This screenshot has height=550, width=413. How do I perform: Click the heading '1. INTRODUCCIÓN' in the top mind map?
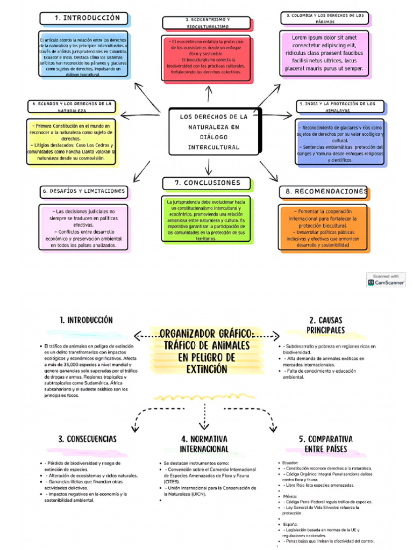(x=84, y=18)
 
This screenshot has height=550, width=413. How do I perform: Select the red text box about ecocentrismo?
(x=206, y=59)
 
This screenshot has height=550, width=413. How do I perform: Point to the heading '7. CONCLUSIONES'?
(x=206, y=183)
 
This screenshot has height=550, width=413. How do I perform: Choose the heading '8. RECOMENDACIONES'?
(x=324, y=191)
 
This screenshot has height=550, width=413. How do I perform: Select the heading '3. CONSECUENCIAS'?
(x=87, y=439)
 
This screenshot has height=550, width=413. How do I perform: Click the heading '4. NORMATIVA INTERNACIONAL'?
(x=204, y=444)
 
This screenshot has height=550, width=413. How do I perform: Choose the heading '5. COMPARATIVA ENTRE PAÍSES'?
(x=326, y=444)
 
